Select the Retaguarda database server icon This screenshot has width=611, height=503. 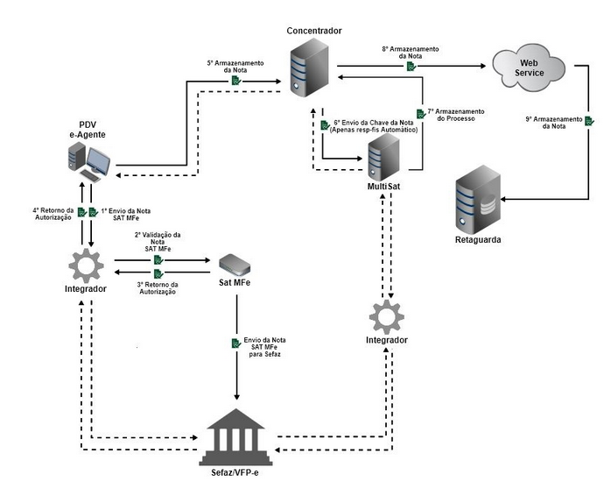tap(479, 201)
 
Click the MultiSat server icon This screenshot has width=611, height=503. tap(383, 158)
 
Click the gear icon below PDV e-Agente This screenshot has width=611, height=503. tap(86, 263)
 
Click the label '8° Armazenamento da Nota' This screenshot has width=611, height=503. tap(410, 53)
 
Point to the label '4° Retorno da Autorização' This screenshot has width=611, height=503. tap(53, 213)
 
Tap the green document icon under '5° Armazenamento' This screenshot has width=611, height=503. tap(235, 81)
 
